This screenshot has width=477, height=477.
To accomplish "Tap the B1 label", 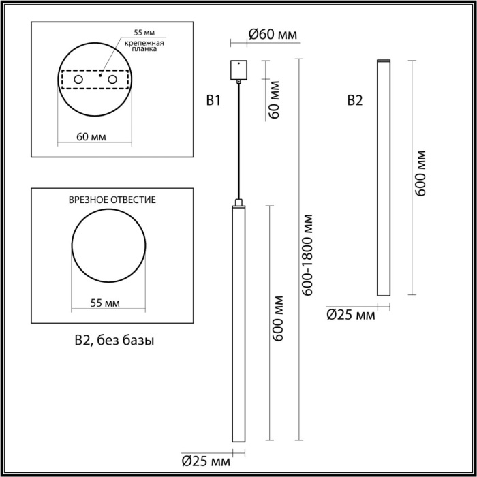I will [x=213, y=102].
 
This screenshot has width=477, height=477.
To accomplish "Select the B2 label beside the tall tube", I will [x=355, y=102].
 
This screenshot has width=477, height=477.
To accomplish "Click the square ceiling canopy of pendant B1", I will [x=238, y=70].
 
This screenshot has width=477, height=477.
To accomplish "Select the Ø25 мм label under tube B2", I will [x=351, y=314].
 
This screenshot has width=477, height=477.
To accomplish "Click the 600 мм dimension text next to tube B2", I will [x=421, y=173].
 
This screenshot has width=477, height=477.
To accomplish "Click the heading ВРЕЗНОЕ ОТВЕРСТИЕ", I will [x=112, y=200].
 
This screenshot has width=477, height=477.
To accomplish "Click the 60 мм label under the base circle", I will [x=91, y=137].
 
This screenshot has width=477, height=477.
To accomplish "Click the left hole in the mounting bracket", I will [x=78, y=80].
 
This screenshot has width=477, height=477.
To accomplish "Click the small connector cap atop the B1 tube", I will [x=238, y=202].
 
